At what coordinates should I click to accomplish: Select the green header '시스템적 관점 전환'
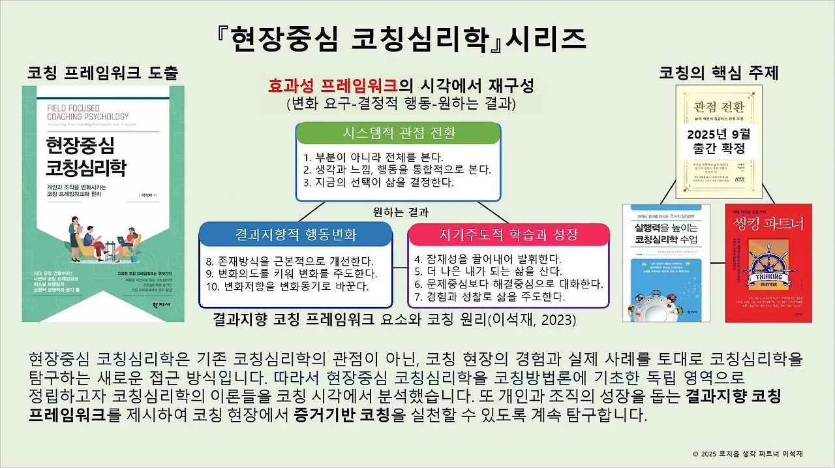point(399,133)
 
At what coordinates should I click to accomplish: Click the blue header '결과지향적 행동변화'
point(296,234)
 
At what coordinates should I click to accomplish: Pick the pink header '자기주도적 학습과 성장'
point(509,234)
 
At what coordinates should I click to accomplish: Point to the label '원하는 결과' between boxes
point(401,211)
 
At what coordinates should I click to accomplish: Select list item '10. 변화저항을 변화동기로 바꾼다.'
point(287,286)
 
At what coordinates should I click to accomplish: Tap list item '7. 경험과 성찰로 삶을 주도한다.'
point(489,296)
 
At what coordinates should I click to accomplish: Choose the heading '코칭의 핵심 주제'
point(719,72)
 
